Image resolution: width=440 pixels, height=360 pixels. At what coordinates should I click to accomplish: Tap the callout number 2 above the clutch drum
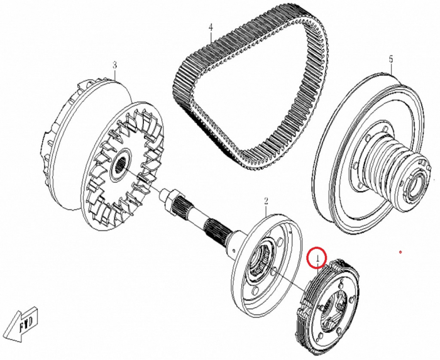pos(266,201)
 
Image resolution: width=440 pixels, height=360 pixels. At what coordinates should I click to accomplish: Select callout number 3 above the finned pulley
pos(115,65)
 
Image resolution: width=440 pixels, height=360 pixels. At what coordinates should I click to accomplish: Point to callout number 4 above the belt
pos(211,27)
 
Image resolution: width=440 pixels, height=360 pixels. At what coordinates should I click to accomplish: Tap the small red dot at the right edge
pos(400,253)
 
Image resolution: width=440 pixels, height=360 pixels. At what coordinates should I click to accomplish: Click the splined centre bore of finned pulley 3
pos(120,166)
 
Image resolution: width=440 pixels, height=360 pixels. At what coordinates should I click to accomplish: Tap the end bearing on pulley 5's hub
pos(414,185)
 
